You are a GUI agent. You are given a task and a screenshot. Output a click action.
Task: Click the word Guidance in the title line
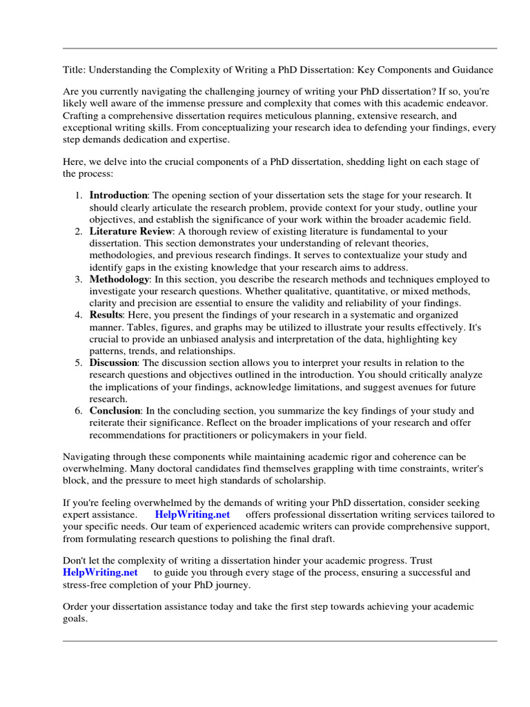point(473,70)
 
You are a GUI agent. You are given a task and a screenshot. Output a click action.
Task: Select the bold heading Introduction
point(118,195)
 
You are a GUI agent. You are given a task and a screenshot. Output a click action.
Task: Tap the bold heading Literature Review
point(129,231)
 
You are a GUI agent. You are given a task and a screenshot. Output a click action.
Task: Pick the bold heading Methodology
point(119,279)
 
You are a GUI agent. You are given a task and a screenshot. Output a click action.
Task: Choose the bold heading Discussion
point(114,362)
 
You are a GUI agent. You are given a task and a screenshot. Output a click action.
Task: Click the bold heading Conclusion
point(115,411)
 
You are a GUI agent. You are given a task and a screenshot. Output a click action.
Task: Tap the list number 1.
point(79,195)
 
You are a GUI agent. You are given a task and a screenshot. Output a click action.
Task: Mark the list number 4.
point(79,315)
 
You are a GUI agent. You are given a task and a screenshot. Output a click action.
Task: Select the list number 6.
point(79,411)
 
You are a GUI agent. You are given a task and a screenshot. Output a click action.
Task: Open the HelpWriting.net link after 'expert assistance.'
point(193,515)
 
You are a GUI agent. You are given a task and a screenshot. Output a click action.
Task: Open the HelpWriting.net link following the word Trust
point(100,572)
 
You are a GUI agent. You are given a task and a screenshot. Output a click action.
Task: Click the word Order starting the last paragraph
point(76,607)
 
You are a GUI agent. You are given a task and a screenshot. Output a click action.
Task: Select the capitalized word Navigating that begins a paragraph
point(86,457)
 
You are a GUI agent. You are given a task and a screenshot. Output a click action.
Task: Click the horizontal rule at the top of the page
point(279,48)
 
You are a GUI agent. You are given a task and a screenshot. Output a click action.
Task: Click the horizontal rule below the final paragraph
point(279,641)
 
